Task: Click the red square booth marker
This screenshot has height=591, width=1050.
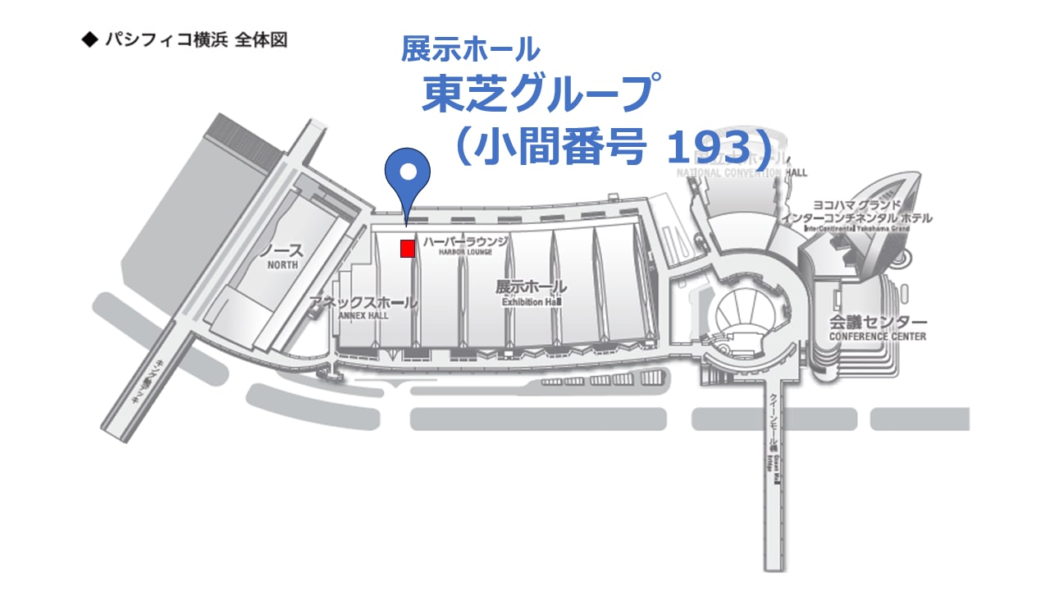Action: click(407, 249)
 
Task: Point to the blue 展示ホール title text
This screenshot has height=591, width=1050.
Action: click(470, 49)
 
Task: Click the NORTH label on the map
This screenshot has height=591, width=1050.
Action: click(281, 266)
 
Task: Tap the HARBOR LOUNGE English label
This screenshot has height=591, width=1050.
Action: click(466, 253)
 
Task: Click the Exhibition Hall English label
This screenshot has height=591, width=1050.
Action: click(531, 302)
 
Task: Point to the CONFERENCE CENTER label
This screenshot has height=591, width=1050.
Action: click(877, 337)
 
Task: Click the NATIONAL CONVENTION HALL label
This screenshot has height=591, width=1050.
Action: click(742, 173)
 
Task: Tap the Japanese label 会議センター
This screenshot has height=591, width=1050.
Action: click(878, 322)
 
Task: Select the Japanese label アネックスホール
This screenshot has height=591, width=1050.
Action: click(363, 303)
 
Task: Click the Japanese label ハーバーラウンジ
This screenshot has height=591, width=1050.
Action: click(466, 241)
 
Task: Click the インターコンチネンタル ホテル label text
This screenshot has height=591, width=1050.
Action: click(856, 218)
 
